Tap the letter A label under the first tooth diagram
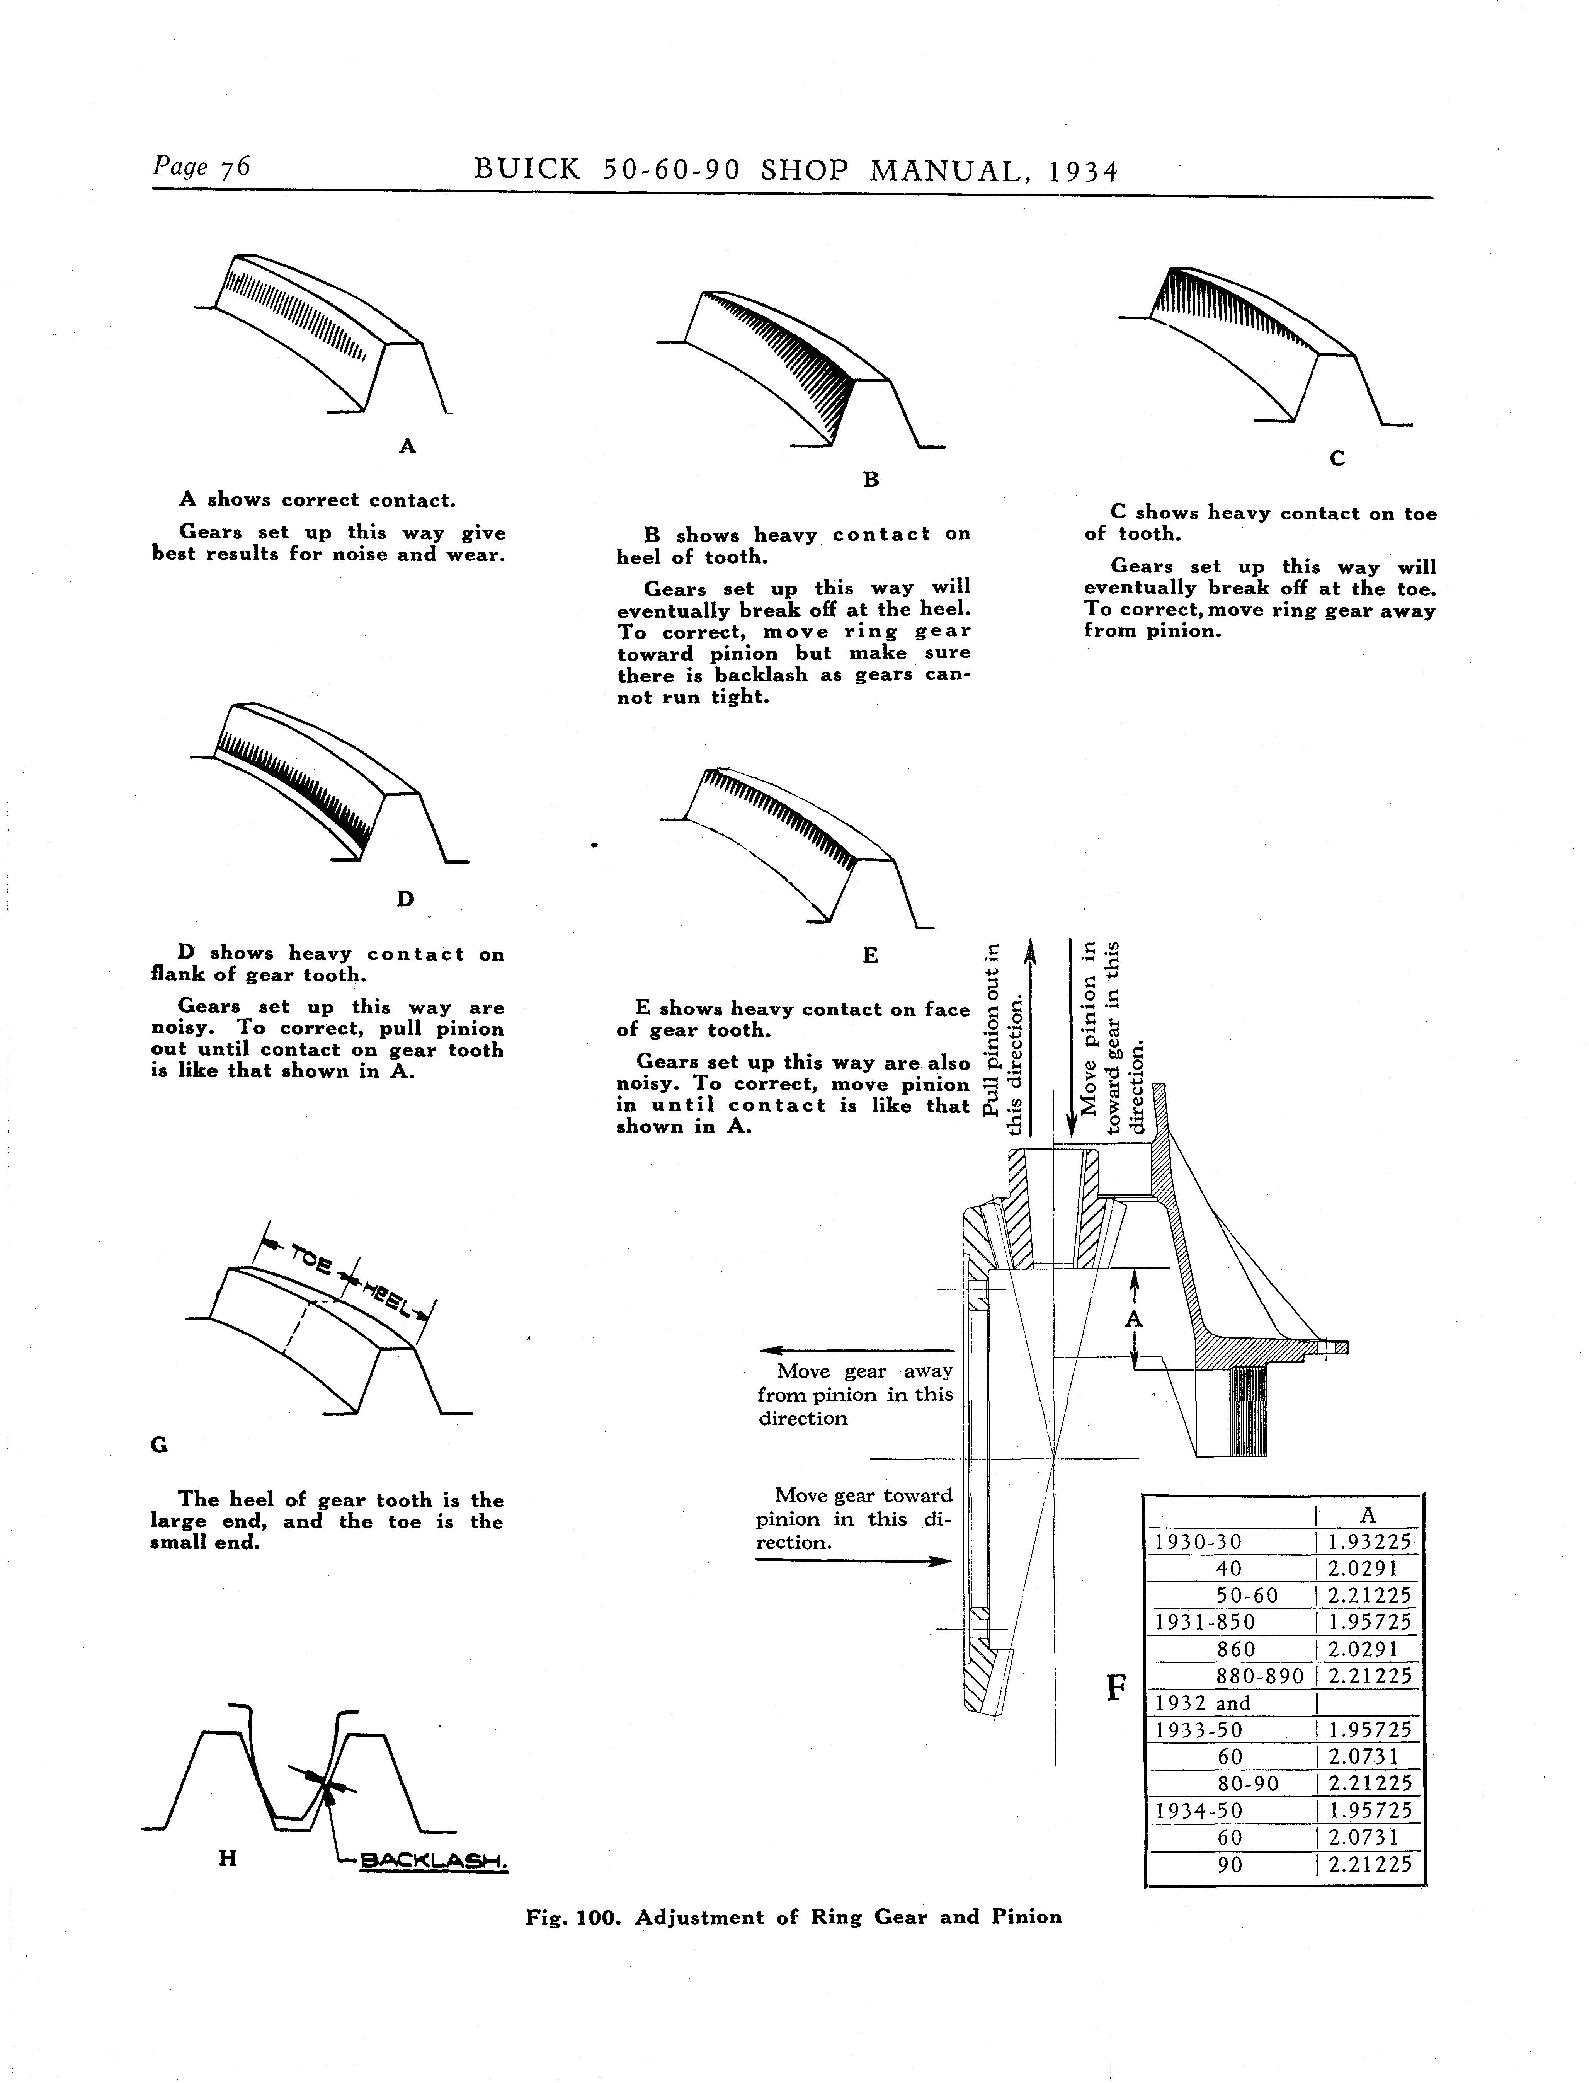point(408,446)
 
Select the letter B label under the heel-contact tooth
point(871,480)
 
